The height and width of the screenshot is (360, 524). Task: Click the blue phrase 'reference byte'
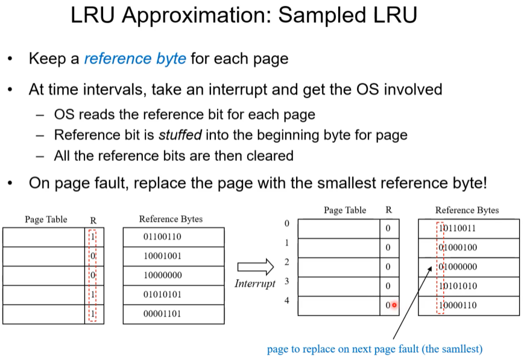136,59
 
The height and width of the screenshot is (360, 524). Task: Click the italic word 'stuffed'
180,134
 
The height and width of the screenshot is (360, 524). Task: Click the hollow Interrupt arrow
256,267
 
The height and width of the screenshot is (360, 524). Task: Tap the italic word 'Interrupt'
255,283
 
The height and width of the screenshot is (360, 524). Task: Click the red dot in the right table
394,305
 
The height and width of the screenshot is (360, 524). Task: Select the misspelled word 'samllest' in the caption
461,349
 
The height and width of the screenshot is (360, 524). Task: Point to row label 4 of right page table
287,300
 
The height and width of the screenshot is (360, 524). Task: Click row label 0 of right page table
287,223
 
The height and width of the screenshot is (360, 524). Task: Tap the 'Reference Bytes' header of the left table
171,219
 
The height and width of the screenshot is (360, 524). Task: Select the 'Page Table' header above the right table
345,210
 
